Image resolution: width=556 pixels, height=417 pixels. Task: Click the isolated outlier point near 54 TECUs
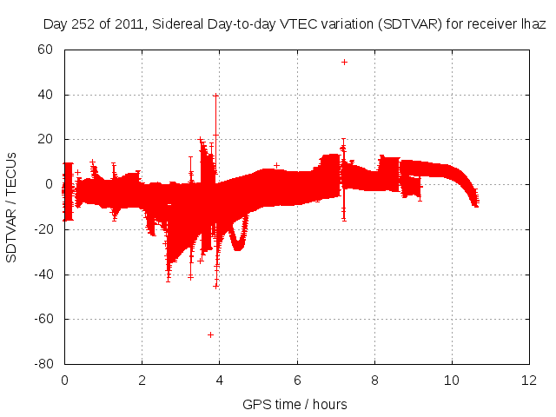[x=344, y=62]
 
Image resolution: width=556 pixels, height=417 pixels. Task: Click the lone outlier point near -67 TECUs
[x=210, y=334]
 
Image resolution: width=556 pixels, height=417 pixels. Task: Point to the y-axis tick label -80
[x=43, y=363]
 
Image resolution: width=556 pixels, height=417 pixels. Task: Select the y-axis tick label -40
[x=43, y=274]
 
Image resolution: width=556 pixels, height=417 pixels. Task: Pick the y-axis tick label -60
[x=43, y=319]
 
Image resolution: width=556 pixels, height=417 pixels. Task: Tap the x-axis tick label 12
[x=529, y=380]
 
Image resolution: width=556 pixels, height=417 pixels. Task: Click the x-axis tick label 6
[x=297, y=380]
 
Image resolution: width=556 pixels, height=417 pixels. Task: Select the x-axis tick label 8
[x=374, y=380]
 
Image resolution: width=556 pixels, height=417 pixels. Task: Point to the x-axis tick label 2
[x=142, y=380]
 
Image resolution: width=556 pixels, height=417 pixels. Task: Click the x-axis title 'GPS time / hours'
[x=295, y=404]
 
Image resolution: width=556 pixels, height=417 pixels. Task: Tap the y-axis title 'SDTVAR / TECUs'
[x=12, y=206]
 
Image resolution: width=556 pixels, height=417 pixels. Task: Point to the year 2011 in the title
[x=131, y=25]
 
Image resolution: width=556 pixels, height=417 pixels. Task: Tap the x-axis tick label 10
[x=452, y=380]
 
